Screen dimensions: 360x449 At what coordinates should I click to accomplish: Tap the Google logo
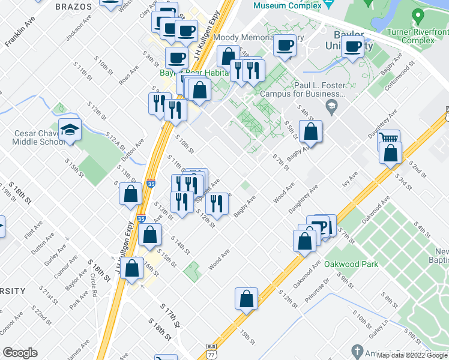tap(20, 353)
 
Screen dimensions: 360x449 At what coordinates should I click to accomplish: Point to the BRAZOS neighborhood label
tap(73, 7)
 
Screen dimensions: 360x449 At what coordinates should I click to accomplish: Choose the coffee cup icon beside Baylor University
tap(352, 46)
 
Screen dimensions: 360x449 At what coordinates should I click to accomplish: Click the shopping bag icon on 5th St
tap(310, 131)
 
